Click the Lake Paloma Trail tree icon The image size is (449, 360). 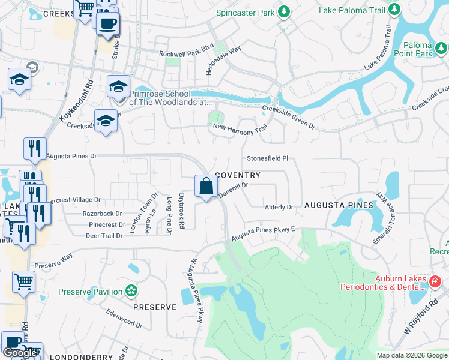[x=394, y=8]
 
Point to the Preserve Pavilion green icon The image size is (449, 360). [x=131, y=291]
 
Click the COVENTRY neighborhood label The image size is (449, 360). [x=237, y=175]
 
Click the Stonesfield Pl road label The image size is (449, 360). [x=268, y=158]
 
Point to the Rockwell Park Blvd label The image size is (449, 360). [x=186, y=53]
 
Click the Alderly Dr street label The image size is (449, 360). [x=279, y=207]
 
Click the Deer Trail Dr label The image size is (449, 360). [x=104, y=236]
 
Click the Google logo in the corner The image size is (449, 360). [x=20, y=353]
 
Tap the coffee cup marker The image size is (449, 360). [x=108, y=24]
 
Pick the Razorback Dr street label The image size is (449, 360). [x=101, y=213]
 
